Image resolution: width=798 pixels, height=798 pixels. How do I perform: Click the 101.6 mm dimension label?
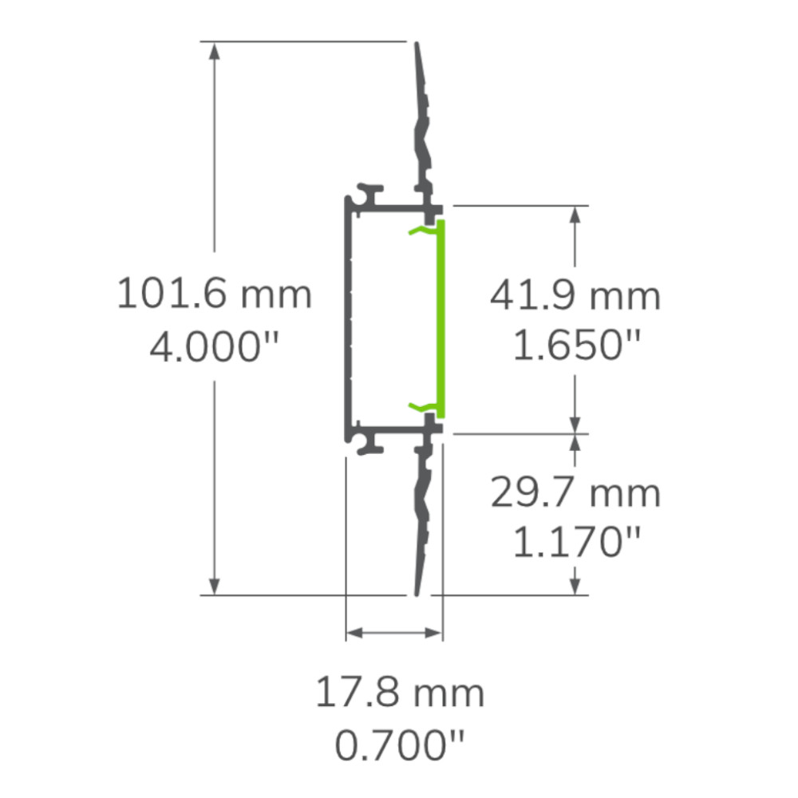(214, 294)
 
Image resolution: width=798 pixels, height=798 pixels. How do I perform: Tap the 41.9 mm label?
(575, 296)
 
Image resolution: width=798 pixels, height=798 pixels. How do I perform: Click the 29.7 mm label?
(575, 493)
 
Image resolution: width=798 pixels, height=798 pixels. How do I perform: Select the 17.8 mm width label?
(400, 693)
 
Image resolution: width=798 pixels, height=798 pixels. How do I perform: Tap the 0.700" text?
(400, 747)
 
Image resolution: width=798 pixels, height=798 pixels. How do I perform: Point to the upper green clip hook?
(421, 231)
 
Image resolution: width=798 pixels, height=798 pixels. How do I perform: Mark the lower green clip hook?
(421, 407)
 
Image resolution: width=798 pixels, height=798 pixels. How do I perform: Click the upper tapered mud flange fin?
(421, 120)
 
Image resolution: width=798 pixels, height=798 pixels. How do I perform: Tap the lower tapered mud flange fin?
(421, 519)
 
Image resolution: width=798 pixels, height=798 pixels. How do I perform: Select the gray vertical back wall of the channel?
(349, 319)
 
